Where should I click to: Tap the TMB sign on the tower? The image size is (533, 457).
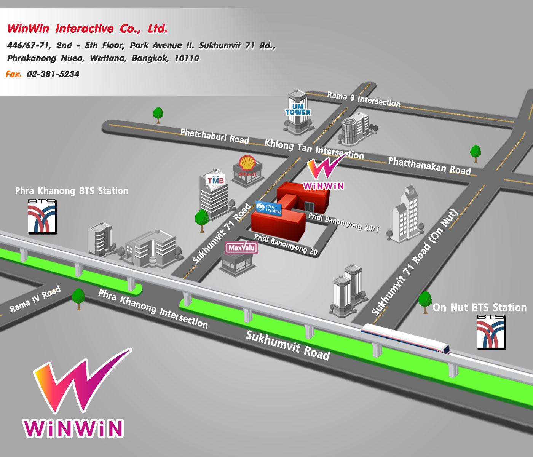point(215,180)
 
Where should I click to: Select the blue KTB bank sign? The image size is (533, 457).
point(268,208)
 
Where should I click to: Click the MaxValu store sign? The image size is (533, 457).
point(241,248)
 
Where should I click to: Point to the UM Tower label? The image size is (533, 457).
point(298,109)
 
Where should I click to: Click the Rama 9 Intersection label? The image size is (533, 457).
point(364,99)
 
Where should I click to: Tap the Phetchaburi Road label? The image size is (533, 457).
point(215,136)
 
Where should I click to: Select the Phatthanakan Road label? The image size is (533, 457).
point(429,166)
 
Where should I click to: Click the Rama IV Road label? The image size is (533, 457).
point(35,299)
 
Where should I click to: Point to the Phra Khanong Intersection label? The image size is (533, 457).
point(153,309)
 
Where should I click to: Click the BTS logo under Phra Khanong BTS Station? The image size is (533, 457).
point(42,216)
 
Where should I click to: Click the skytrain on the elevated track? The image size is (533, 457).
point(405,338)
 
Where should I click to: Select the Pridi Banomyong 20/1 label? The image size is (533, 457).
point(343,222)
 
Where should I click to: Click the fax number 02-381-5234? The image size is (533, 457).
point(53,74)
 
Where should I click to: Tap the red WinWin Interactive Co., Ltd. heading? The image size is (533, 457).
point(88,29)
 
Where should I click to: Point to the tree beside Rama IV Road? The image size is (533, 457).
point(78,299)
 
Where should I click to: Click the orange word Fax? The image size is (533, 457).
point(14,74)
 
